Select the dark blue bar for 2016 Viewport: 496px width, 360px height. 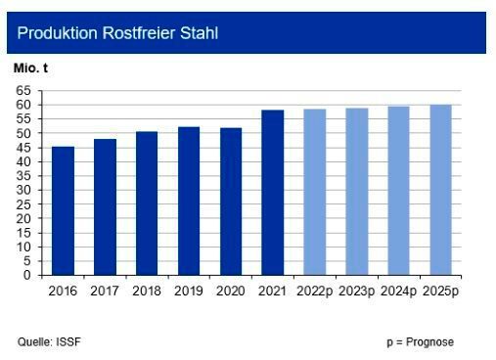point(63,211)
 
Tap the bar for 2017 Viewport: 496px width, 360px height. point(105,207)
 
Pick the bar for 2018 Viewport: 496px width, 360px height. point(147,203)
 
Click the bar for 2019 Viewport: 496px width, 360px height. point(189,202)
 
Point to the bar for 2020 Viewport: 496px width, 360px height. point(231,202)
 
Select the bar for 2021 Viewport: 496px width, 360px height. point(273,193)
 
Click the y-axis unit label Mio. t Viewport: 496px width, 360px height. point(29,71)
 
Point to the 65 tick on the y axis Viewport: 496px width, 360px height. point(23,90)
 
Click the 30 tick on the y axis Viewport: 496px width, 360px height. point(23,190)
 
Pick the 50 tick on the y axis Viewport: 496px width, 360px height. point(23,133)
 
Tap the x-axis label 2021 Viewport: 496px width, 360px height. point(273,290)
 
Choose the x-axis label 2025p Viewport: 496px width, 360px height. point(441,290)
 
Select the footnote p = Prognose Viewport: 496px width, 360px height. point(420,341)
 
